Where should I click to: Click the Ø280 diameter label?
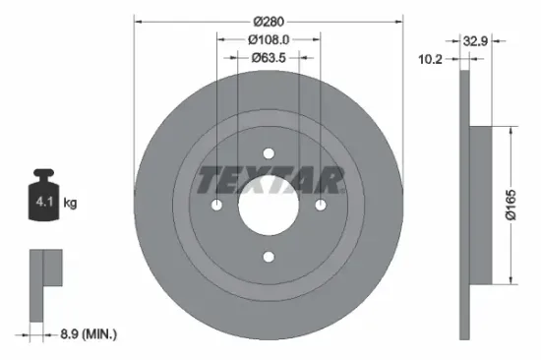point(268,21)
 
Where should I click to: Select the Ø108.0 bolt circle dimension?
point(268,40)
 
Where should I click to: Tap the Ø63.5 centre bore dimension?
point(268,57)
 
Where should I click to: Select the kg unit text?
point(69,204)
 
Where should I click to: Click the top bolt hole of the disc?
point(268,153)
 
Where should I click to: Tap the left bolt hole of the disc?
point(216,205)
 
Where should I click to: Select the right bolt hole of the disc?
point(320,205)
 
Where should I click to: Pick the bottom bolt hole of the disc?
point(268,257)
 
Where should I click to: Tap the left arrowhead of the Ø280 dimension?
point(137,22)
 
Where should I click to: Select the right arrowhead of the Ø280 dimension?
point(399,22)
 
